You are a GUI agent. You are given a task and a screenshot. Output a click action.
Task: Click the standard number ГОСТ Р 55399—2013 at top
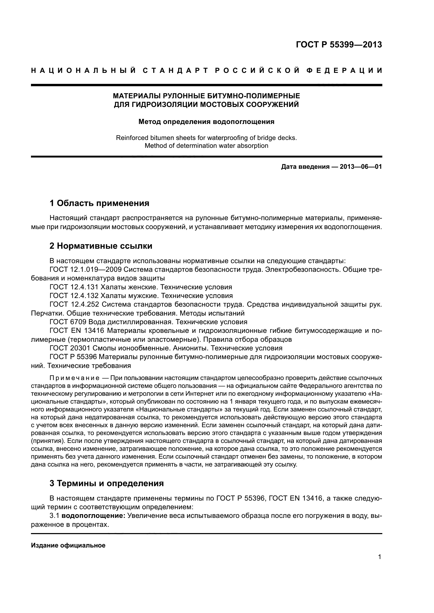click(339, 45)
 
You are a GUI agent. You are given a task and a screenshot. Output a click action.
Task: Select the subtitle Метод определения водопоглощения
click(206, 122)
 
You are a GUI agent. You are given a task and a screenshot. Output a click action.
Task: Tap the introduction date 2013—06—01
click(361, 167)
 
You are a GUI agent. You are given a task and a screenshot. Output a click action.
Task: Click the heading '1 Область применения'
click(99, 203)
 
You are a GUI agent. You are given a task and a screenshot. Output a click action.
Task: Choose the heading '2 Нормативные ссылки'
click(101, 246)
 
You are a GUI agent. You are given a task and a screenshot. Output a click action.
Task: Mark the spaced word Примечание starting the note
click(74, 378)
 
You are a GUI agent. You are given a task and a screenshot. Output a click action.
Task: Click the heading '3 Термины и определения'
click(107, 484)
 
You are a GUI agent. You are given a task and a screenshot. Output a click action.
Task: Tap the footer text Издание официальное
click(68, 546)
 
